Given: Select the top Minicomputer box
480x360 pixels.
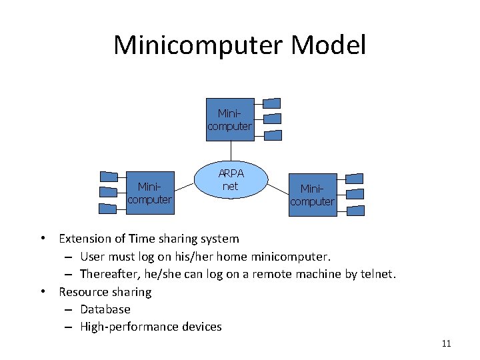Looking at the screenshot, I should pos(230,121).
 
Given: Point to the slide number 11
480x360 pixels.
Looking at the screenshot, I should pos(446,344).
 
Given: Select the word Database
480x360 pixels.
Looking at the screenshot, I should pos(105,309).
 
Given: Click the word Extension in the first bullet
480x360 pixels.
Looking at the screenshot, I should pos(83,239).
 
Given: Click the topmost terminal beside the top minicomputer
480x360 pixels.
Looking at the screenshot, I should pos(272,103).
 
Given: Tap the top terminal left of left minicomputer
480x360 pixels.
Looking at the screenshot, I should pos(109,177).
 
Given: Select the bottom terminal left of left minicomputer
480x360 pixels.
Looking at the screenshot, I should pos(109,208).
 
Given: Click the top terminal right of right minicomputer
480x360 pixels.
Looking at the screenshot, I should pos(355,179).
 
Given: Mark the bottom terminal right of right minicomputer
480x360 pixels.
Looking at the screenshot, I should pos(355,211).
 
